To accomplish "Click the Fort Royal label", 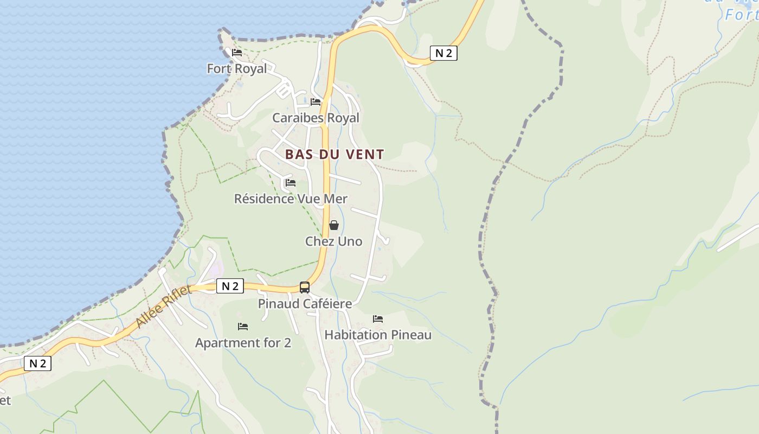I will coord(237,69).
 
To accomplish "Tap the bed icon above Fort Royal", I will coord(237,53).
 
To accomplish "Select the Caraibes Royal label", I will coord(316,118).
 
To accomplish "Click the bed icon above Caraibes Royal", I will coord(316,102).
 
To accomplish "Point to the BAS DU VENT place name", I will coord(335,154).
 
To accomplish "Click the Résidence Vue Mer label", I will coord(291,199).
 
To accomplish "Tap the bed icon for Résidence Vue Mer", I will coord(291,183).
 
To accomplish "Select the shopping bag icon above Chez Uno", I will coord(334,225).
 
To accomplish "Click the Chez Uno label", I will coord(333,241).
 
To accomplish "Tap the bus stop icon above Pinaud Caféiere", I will coord(305,288).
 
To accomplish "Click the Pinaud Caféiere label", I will coord(305,304).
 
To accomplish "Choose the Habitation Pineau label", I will coord(378,335).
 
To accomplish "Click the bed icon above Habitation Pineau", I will coord(378,319).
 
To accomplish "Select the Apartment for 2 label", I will coord(243,343).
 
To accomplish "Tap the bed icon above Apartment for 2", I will coord(243,327).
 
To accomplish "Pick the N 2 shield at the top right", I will coord(443,53).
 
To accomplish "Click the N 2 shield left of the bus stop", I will coord(230,286).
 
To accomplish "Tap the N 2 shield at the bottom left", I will coord(37,363).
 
